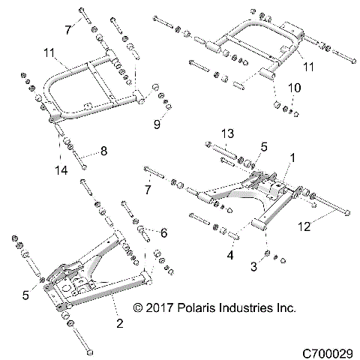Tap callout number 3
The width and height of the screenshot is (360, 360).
[255, 267]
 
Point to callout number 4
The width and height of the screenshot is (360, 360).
[230, 255]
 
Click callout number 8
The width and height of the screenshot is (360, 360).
[103, 150]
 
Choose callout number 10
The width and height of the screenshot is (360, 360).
[295, 88]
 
